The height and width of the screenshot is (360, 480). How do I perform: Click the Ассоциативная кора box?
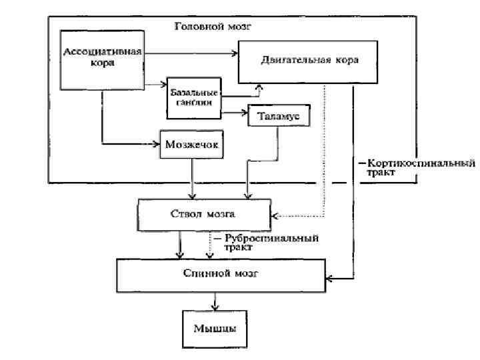pyautogui.click(x=102, y=59)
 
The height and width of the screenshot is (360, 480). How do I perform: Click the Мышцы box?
pyautogui.click(x=214, y=329)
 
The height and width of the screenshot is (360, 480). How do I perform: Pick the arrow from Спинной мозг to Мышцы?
pyautogui.click(x=214, y=300)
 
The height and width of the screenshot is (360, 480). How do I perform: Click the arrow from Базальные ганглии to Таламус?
pyautogui.click(x=233, y=113)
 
